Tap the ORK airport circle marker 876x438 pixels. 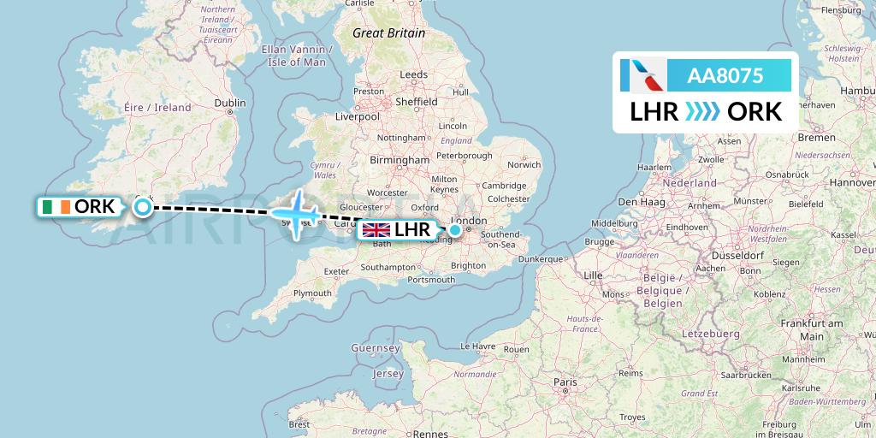tap(143, 206)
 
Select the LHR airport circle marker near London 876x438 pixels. tap(456, 229)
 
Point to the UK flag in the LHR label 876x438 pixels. tap(377, 229)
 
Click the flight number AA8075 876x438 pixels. tap(725, 75)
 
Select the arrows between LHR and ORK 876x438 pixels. tap(703, 111)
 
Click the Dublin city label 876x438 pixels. tap(230, 103)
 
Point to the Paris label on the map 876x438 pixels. tap(564, 382)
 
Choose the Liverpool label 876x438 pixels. tap(357, 115)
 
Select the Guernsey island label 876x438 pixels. tap(376, 348)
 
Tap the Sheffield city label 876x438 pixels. tap(417, 102)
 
